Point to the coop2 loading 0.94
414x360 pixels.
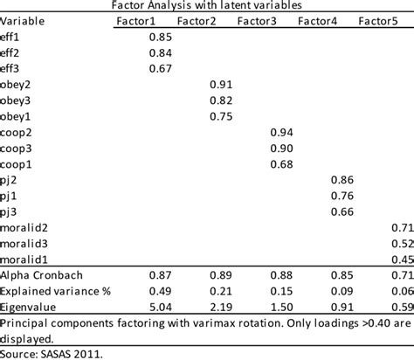point(280,132)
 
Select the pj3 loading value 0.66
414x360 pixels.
point(343,211)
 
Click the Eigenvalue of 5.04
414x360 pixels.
point(160,308)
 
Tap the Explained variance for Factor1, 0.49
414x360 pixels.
point(160,292)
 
